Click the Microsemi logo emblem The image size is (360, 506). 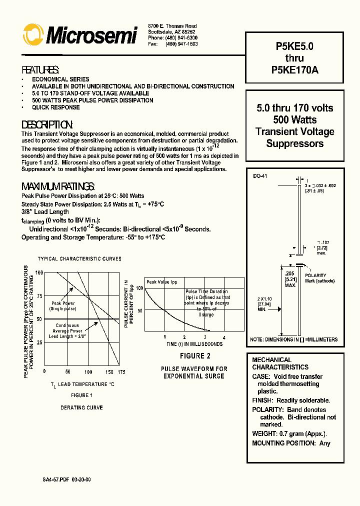(33, 35)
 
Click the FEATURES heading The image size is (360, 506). (40, 69)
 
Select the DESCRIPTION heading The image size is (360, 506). (47, 124)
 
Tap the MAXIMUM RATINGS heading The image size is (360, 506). (58, 186)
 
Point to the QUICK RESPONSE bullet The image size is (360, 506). (55, 107)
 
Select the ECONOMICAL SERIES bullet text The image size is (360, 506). (60, 79)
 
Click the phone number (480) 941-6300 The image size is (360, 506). (180, 38)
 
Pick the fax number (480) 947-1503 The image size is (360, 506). (180, 44)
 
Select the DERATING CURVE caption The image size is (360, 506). (82, 407)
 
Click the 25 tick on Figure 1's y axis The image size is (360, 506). (39, 342)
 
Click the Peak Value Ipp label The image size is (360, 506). (161, 282)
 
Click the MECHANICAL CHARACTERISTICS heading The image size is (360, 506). (280, 363)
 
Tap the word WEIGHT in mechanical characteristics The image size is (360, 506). (264, 434)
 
